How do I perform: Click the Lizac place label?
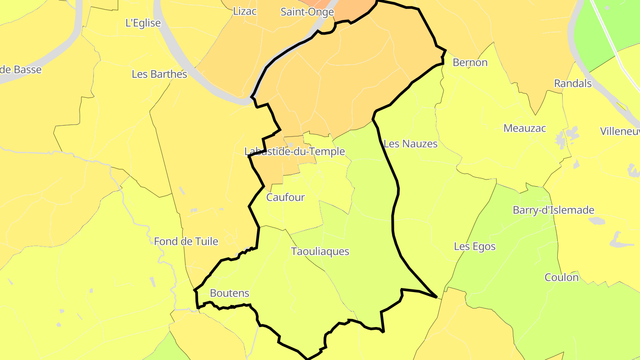point(245,11)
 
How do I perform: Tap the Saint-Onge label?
point(307,12)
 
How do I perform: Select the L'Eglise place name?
point(143,23)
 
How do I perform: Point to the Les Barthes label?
point(160,74)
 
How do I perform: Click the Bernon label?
point(470,63)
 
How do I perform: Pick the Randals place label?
point(573,83)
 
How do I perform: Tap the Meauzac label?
point(525,128)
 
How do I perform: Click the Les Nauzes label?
point(410,144)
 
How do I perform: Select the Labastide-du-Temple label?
point(295,152)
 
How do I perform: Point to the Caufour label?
point(285,197)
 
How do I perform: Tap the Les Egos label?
point(475,246)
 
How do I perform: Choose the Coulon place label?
point(562,278)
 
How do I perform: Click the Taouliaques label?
point(320,252)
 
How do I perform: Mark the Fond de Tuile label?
point(186,241)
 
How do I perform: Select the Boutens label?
point(229,293)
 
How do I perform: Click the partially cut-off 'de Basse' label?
point(21,70)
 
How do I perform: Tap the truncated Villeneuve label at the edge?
point(620,131)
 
